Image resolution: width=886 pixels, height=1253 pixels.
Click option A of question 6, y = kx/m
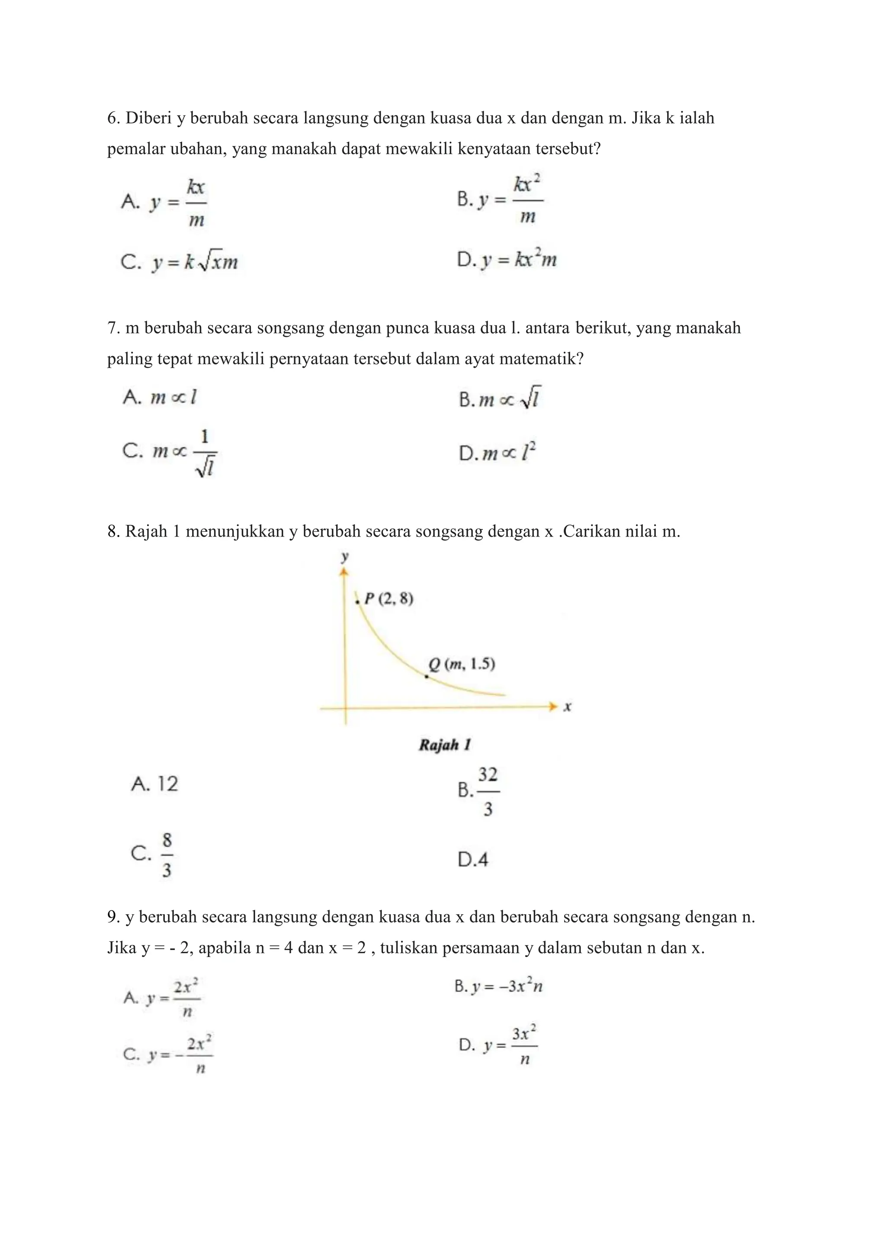pyautogui.click(x=164, y=202)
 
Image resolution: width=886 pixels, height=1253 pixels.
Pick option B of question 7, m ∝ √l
pyautogui.click(x=500, y=399)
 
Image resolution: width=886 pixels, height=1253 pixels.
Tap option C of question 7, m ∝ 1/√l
pyautogui.click(x=170, y=453)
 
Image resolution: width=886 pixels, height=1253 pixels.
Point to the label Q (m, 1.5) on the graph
pyautogui.click(x=462, y=664)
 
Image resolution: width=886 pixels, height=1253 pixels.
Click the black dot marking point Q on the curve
pyautogui.click(x=427, y=677)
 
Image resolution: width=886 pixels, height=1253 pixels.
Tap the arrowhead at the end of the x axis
pyautogui.click(x=553, y=707)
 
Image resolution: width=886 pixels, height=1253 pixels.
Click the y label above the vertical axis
pyautogui.click(x=344, y=557)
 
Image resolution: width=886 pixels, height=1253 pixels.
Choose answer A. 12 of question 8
pyautogui.click(x=155, y=784)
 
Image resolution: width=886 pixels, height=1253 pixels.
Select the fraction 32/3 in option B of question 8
pyautogui.click(x=488, y=791)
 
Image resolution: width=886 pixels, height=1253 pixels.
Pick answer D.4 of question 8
pyautogui.click(x=473, y=860)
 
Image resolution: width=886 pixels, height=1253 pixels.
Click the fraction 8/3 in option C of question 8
pyautogui.click(x=167, y=855)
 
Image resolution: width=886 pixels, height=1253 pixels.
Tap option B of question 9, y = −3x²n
pyautogui.click(x=498, y=986)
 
